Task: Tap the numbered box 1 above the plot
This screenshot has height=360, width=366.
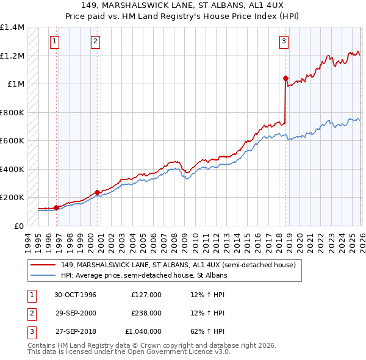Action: point(55,41)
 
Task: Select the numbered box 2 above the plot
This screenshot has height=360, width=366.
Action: point(96,41)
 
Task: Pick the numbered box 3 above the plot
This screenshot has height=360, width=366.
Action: point(284,41)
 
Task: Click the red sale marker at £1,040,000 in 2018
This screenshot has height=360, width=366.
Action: point(285,78)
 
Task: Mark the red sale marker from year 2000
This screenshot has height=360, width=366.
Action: point(97,192)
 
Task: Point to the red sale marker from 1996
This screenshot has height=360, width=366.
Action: point(57,207)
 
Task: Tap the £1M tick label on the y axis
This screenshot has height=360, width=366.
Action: point(16,84)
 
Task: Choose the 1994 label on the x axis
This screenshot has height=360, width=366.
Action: point(28,239)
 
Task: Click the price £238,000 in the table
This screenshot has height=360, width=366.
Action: point(146,313)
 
